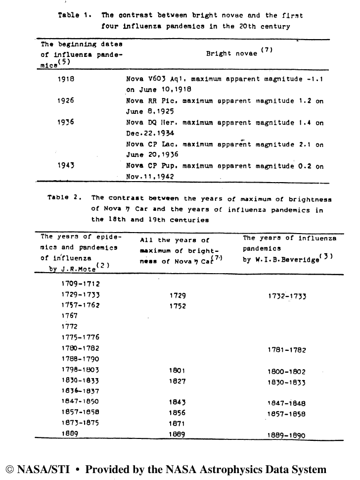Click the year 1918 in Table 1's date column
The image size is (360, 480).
pos(67,79)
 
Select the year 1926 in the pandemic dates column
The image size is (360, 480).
pos(67,100)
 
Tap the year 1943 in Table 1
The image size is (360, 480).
pos(67,166)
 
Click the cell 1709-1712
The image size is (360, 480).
pos(81,284)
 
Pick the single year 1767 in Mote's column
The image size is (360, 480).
pos(70,315)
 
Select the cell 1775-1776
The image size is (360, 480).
pos(81,337)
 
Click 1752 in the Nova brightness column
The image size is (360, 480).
pos(177,306)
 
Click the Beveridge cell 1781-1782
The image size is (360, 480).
pos(287,350)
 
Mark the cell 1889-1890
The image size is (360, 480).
pos(287,435)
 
